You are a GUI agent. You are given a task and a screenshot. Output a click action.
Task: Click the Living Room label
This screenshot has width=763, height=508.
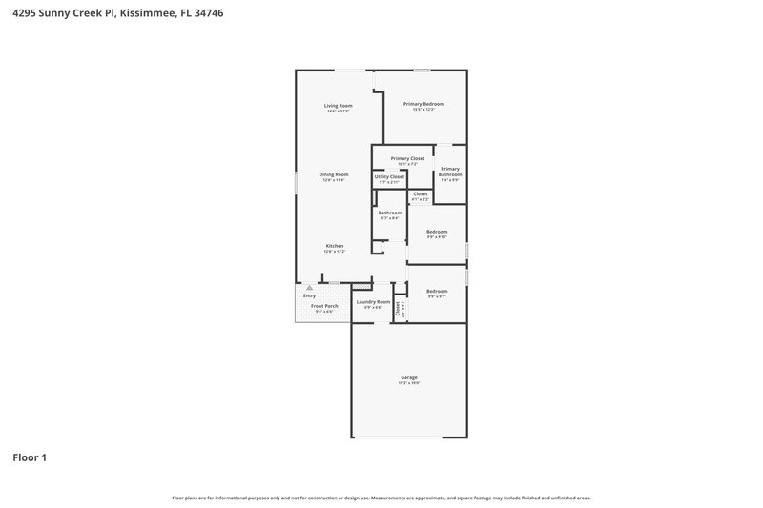point(338,105)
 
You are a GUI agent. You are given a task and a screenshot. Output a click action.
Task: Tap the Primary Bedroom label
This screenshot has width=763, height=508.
point(423,104)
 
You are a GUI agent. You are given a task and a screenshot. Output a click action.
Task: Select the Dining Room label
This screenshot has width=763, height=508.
point(334,174)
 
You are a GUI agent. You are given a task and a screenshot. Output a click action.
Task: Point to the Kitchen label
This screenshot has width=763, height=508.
point(334,246)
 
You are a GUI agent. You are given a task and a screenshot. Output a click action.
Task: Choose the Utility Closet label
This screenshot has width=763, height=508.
point(389,176)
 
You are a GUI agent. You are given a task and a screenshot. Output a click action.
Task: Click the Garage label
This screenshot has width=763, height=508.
point(408,378)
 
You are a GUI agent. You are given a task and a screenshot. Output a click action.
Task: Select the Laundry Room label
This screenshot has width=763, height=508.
point(373,302)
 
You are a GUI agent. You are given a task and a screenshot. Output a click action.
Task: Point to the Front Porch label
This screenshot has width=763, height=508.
point(324,306)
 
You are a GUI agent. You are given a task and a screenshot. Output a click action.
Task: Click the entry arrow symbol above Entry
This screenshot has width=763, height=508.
point(309,288)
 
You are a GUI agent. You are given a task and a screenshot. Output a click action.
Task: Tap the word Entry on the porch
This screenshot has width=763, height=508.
point(309,296)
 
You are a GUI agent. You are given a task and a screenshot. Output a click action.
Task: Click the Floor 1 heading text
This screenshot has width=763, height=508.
point(30,457)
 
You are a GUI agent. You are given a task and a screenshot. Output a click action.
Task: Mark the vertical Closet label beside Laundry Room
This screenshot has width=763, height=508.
point(399,308)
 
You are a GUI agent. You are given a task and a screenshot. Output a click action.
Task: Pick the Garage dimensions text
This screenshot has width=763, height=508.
point(408,384)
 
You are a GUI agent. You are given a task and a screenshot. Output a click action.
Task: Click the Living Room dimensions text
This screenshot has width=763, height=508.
point(338,111)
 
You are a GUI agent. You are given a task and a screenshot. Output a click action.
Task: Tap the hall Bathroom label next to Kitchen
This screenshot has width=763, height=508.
point(389,213)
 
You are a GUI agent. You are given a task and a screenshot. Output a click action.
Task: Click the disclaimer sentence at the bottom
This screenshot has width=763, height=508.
point(381,498)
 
